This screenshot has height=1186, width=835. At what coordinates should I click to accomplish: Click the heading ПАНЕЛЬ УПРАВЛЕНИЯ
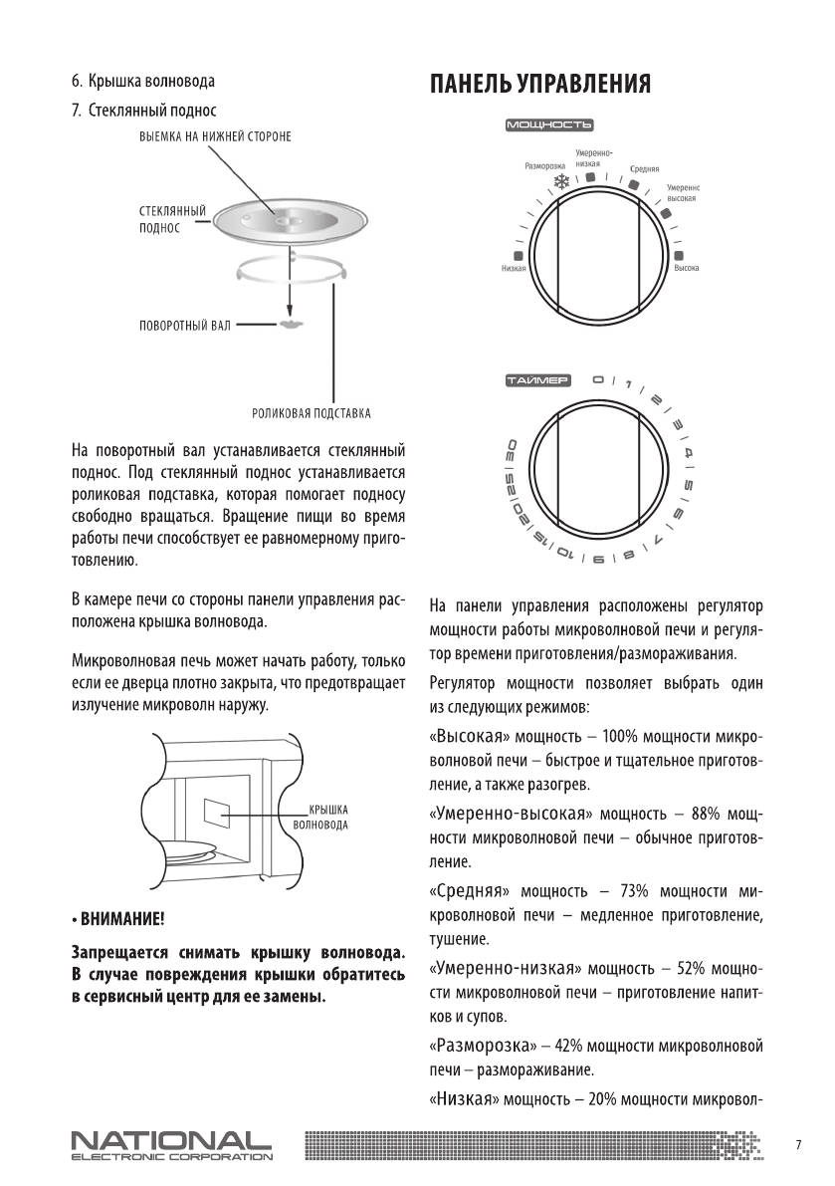[x=540, y=84]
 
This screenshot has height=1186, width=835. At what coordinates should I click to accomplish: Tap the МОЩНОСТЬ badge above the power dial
[x=549, y=125]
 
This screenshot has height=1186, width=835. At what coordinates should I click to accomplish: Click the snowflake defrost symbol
[x=561, y=181]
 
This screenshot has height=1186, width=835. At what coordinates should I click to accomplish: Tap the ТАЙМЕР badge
[x=537, y=379]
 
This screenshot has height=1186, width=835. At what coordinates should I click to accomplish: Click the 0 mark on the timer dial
[x=598, y=379]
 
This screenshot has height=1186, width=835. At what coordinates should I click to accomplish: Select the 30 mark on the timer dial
[x=511, y=449]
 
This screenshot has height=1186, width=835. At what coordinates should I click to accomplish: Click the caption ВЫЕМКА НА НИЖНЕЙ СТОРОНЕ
[x=214, y=134]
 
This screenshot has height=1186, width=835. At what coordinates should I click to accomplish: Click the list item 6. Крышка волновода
[x=142, y=80]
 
